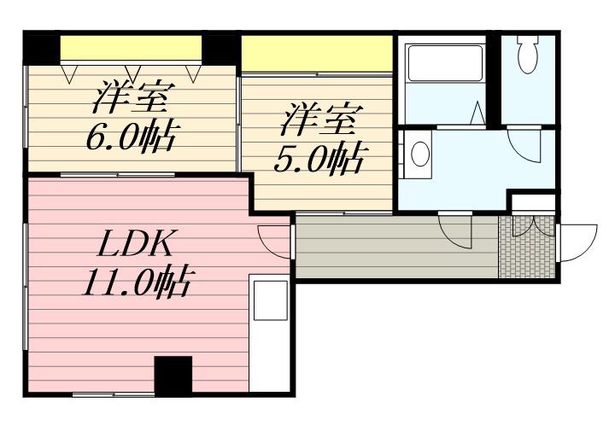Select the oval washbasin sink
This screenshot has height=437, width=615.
(419, 154)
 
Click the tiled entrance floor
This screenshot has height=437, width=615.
(525, 247)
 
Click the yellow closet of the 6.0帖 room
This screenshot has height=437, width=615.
(131, 48)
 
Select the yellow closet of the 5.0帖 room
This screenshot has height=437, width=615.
(316, 55)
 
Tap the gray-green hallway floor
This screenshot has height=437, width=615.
(393, 248)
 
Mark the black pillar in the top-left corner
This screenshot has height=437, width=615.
(41, 47)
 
